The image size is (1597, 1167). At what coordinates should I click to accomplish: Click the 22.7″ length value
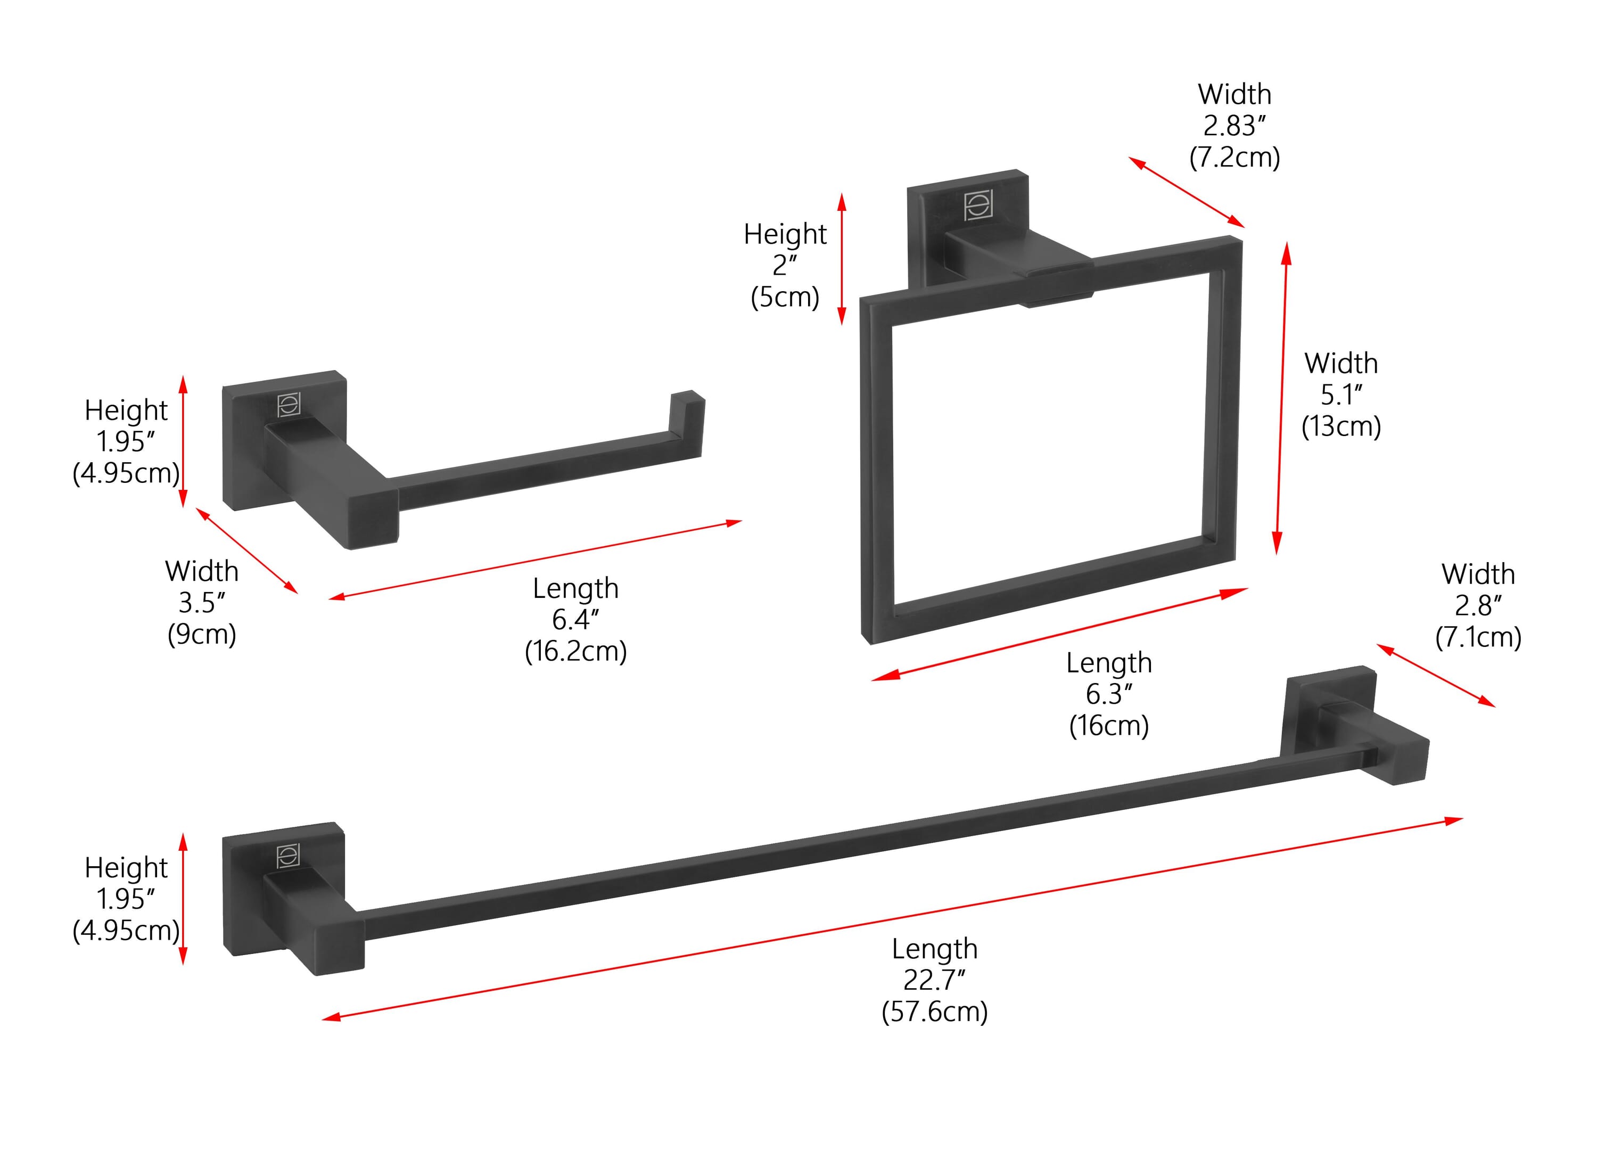(x=934, y=980)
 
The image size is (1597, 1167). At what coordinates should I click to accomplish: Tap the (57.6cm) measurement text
(x=934, y=1012)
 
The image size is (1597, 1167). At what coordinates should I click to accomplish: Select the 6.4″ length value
(x=575, y=620)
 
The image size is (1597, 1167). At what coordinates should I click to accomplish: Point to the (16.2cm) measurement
(x=575, y=651)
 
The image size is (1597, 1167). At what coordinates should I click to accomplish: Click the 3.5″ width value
(x=202, y=603)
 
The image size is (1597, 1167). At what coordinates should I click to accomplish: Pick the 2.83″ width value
(x=1234, y=126)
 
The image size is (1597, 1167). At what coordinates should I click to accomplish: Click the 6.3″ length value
(x=1109, y=694)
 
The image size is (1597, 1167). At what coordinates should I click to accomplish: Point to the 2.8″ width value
(x=1478, y=605)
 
